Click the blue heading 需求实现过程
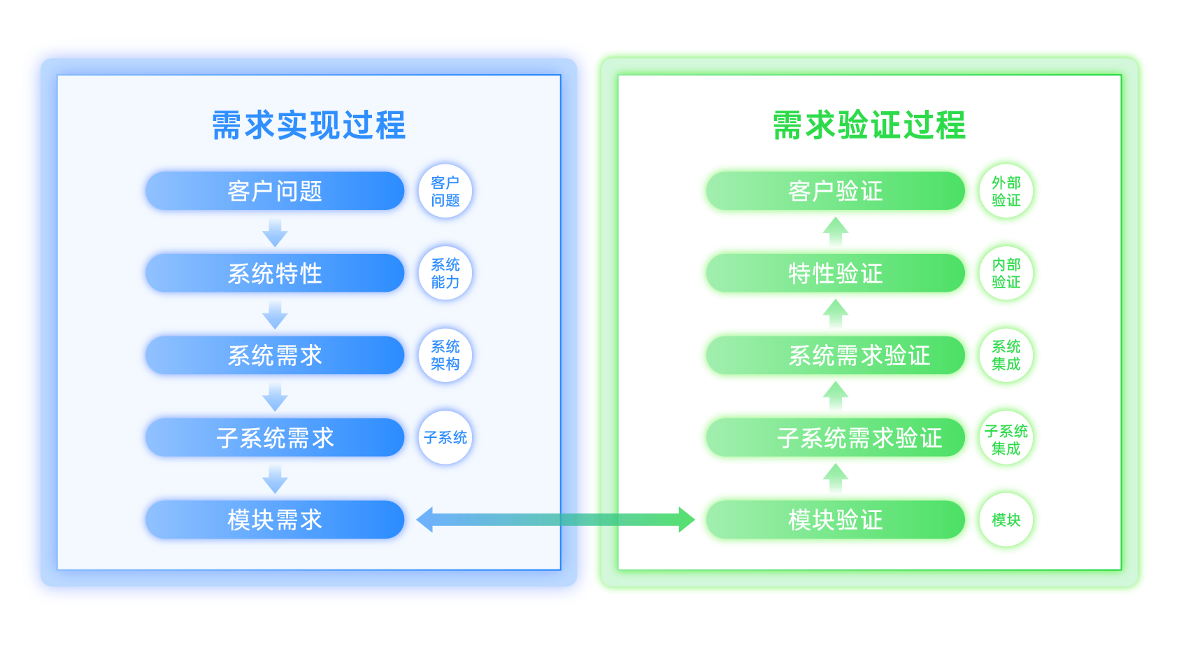click(x=308, y=126)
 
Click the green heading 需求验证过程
click(x=869, y=126)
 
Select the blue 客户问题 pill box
click(x=275, y=191)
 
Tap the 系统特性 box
click(x=275, y=273)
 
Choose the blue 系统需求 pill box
click(x=275, y=355)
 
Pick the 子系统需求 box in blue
click(x=275, y=437)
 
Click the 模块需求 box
click(x=275, y=519)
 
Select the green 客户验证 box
click(x=835, y=191)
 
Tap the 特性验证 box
click(x=835, y=273)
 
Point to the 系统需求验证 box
click(x=835, y=355)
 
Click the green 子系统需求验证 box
click(x=835, y=437)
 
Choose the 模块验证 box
click(x=835, y=519)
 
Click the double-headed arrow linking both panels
click(x=555, y=520)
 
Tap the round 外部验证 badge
click(x=1006, y=191)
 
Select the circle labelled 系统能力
click(x=445, y=273)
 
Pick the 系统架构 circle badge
click(x=445, y=355)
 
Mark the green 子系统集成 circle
click(x=1006, y=439)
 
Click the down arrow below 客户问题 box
click(x=275, y=232)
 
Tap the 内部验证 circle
click(x=1006, y=273)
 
